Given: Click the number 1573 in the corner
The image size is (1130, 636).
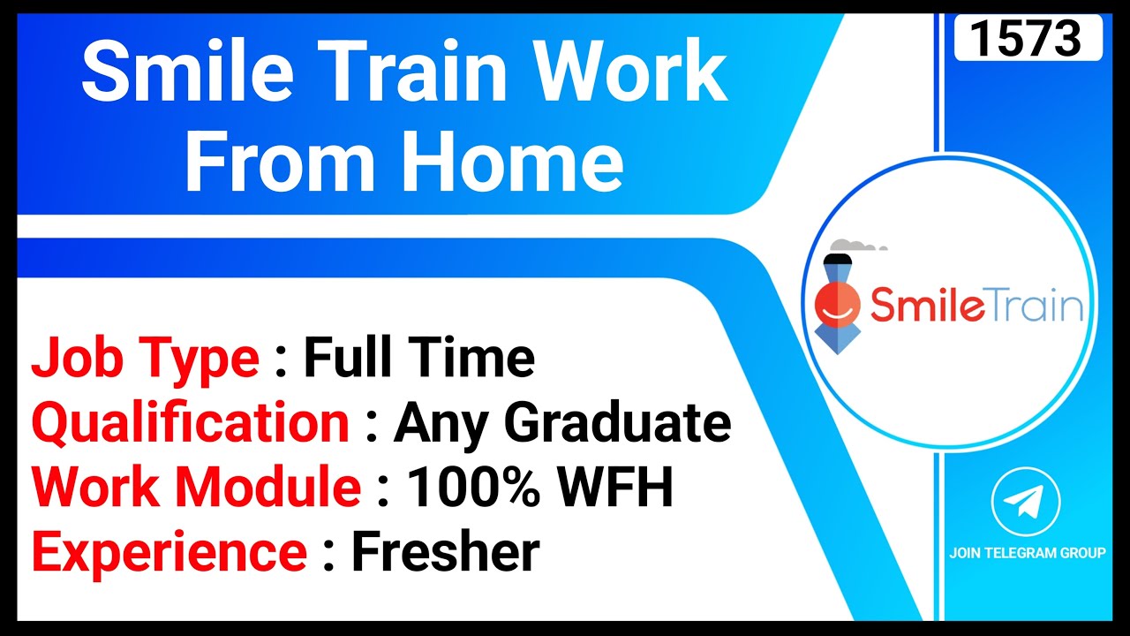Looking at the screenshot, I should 1028,37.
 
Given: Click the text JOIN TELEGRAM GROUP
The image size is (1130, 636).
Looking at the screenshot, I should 1027,553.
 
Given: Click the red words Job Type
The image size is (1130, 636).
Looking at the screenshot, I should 145,359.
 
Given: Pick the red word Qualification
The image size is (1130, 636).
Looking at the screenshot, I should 191,422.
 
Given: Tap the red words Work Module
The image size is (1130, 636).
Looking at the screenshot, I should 196,488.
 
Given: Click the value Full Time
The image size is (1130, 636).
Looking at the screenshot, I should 419,359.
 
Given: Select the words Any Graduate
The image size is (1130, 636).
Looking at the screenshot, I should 562,422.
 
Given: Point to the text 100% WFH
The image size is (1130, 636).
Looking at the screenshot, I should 539,488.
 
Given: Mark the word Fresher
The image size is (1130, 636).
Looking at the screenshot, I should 445,553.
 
